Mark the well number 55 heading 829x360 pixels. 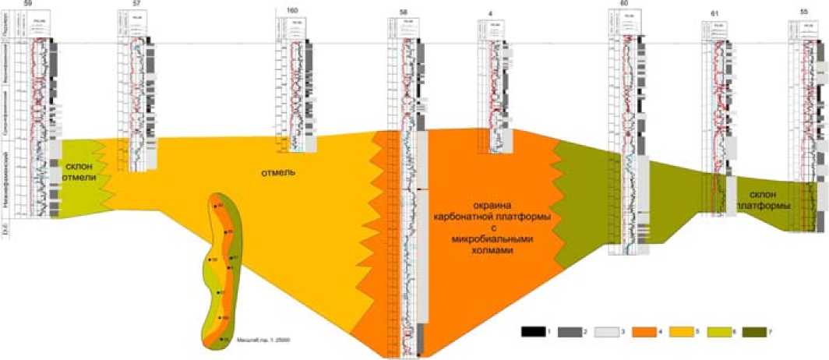coord(803,11)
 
